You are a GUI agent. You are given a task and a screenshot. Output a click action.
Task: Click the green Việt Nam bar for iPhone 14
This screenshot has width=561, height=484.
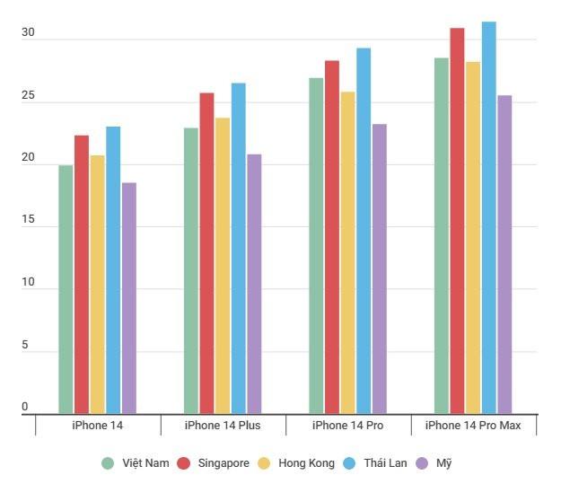(x=66, y=289)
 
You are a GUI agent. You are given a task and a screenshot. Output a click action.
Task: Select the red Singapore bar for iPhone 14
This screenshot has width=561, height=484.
(x=82, y=274)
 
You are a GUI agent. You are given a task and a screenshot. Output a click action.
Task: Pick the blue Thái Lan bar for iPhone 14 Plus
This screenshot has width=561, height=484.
(x=238, y=248)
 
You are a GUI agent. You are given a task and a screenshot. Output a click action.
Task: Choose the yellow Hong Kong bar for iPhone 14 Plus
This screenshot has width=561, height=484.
(x=223, y=265)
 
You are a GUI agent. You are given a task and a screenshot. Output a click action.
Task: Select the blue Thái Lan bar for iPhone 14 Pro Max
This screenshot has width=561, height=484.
(x=488, y=217)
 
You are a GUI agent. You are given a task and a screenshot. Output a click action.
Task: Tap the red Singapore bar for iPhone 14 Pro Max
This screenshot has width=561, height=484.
(x=457, y=220)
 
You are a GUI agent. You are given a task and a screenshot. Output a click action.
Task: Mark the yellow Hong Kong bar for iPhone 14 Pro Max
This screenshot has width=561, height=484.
(x=473, y=237)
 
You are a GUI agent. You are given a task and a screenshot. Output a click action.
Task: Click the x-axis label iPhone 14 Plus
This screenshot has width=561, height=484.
(x=223, y=425)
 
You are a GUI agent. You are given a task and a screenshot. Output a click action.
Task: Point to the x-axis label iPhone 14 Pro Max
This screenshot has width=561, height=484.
(x=473, y=425)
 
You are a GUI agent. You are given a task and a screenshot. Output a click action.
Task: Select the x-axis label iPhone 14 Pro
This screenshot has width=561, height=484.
(x=347, y=425)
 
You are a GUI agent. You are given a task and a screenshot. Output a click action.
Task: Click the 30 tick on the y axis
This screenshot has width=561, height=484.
(x=28, y=33)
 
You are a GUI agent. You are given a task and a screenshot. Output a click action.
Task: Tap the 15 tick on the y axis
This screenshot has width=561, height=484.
(x=28, y=220)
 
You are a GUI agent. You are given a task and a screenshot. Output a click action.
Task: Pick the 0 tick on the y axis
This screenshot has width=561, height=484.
(x=25, y=407)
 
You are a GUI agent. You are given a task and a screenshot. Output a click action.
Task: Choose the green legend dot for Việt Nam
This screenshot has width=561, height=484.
(x=108, y=463)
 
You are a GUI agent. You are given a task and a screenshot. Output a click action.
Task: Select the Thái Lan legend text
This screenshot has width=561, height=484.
(x=385, y=463)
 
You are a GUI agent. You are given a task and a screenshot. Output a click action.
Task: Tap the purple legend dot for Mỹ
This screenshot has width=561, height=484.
(x=422, y=463)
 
